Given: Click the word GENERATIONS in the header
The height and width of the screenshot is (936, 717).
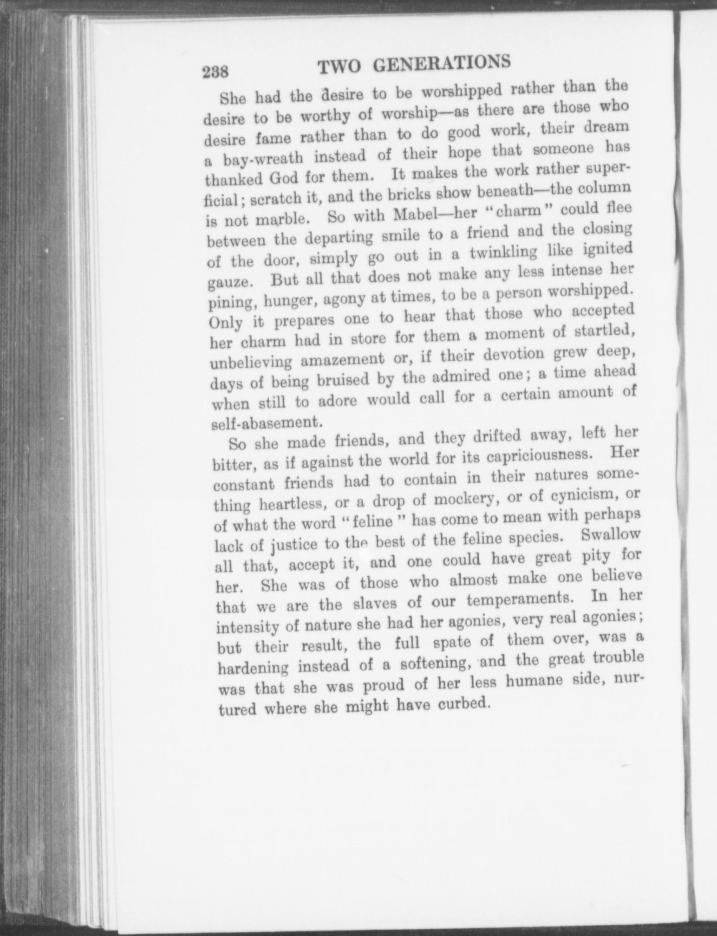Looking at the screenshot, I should [443, 63].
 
